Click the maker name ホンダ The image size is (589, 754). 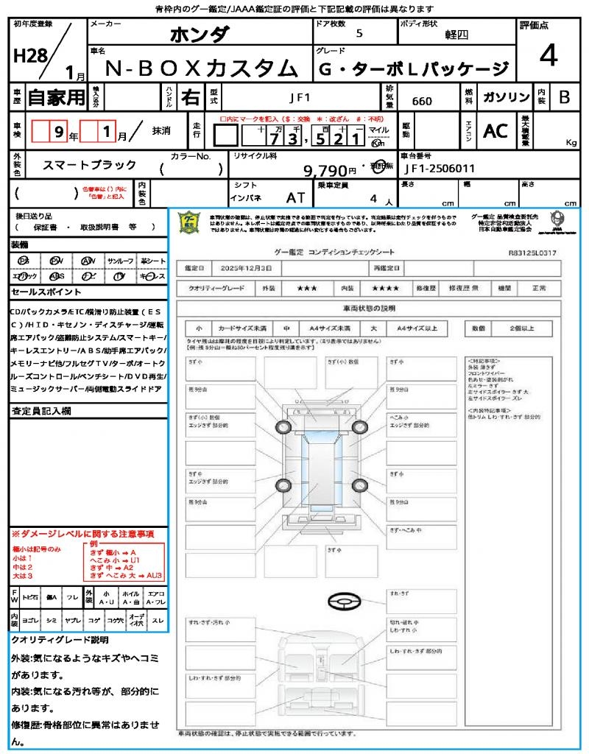click(x=200, y=35)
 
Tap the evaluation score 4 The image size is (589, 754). click(x=547, y=56)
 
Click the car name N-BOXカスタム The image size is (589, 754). click(x=198, y=69)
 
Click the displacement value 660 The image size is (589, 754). click(x=422, y=101)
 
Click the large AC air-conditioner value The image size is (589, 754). click(x=495, y=131)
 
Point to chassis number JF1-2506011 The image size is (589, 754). click(x=440, y=169)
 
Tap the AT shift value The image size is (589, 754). click(x=295, y=197)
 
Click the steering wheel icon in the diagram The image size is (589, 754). click(x=342, y=603)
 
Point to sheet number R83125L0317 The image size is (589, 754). click(x=532, y=253)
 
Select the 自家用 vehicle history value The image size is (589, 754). click(x=57, y=97)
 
